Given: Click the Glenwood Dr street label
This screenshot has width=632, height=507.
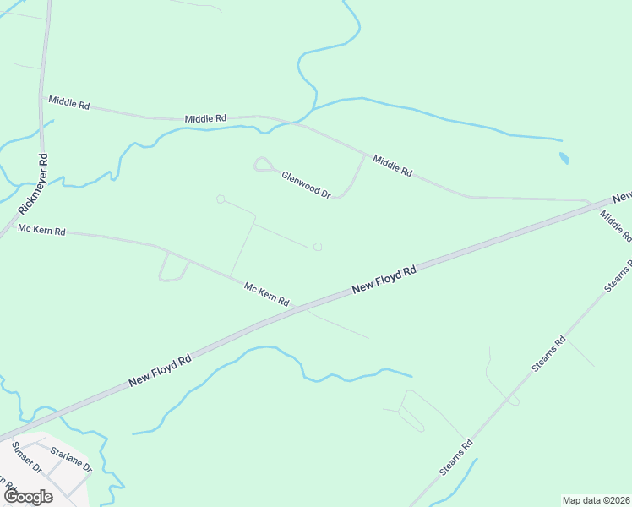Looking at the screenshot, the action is pos(306,183).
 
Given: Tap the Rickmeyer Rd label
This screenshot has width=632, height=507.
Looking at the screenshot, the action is pos(35,183).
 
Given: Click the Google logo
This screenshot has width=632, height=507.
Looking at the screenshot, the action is pos(28,496).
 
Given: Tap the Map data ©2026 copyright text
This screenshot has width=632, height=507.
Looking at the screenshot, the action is pos(596,500).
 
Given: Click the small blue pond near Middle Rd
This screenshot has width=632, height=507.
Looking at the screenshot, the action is pos(564,158).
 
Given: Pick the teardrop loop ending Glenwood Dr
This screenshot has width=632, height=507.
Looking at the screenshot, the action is pos(262,164).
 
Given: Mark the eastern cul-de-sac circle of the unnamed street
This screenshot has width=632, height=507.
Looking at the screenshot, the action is pos(318,247).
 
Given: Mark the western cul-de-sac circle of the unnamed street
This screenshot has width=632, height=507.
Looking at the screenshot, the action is pos(221,199).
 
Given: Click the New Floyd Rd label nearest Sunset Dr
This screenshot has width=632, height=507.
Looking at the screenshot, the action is pos(161,371).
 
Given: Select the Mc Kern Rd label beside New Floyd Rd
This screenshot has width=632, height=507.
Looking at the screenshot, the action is pos(267,295).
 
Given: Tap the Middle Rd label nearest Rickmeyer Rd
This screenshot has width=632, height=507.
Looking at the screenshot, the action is pos(68,102).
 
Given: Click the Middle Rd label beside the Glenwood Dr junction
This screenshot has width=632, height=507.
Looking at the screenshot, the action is pos(392,166).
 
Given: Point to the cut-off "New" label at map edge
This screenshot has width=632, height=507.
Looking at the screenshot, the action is pos(622,197).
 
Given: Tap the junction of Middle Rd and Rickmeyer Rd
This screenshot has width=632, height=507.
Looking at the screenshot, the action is pos(41,96).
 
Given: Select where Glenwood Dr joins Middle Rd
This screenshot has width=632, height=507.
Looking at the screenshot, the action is pos(366,155).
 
